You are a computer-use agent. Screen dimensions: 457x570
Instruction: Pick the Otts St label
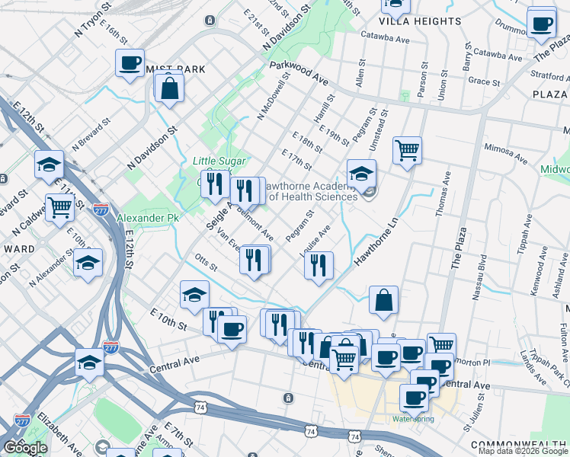pyautogui.click(x=206, y=263)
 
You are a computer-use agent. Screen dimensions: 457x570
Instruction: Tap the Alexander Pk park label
pyautogui.click(x=147, y=218)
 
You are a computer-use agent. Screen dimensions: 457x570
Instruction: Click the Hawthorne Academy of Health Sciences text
pyautogui.click(x=309, y=190)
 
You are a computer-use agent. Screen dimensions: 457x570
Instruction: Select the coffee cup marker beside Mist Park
pyautogui.click(x=130, y=62)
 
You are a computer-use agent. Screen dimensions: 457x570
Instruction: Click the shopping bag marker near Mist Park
pyautogui.click(x=168, y=87)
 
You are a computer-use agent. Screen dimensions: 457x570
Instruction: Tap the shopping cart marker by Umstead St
pyautogui.click(x=408, y=149)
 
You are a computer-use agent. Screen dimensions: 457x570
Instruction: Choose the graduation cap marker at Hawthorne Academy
pyautogui.click(x=361, y=172)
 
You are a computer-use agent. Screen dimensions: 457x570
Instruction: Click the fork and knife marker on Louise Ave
pyautogui.click(x=319, y=264)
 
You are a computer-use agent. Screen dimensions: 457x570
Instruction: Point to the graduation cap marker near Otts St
pyautogui.click(x=194, y=294)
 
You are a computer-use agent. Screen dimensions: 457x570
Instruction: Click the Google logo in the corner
pyautogui.click(x=25, y=448)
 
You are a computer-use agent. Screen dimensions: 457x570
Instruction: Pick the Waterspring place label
pyautogui.click(x=411, y=419)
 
